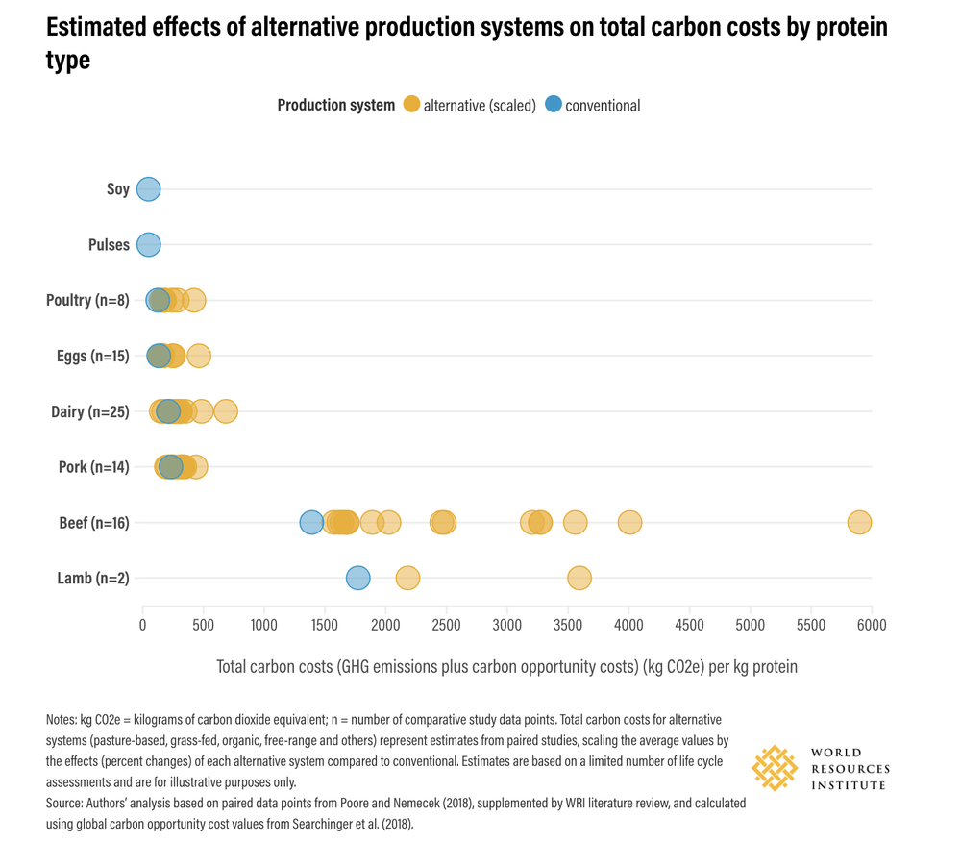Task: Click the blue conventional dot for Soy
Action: coord(148,189)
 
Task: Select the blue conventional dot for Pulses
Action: coord(148,245)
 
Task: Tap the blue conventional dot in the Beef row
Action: coord(311,523)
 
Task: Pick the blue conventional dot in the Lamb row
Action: coord(357,579)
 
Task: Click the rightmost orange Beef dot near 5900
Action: coord(859,523)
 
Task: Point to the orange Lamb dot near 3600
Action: coord(579,579)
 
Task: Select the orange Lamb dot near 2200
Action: coord(408,579)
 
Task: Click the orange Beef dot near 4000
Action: coord(629,523)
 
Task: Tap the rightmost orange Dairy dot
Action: coord(226,411)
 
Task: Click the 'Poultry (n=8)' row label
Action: coord(87,301)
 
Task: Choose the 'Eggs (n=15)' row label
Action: coord(92,357)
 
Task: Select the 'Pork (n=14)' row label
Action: coord(93,468)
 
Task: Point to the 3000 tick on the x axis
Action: coord(506,625)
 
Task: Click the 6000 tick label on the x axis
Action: coord(871,625)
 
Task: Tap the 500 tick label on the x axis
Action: coord(203,625)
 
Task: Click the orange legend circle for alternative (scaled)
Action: coord(411,105)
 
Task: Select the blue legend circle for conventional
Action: coord(553,105)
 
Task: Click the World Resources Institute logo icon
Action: coord(775,768)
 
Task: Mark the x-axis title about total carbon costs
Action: coord(506,666)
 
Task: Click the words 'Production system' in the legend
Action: coord(335,105)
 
